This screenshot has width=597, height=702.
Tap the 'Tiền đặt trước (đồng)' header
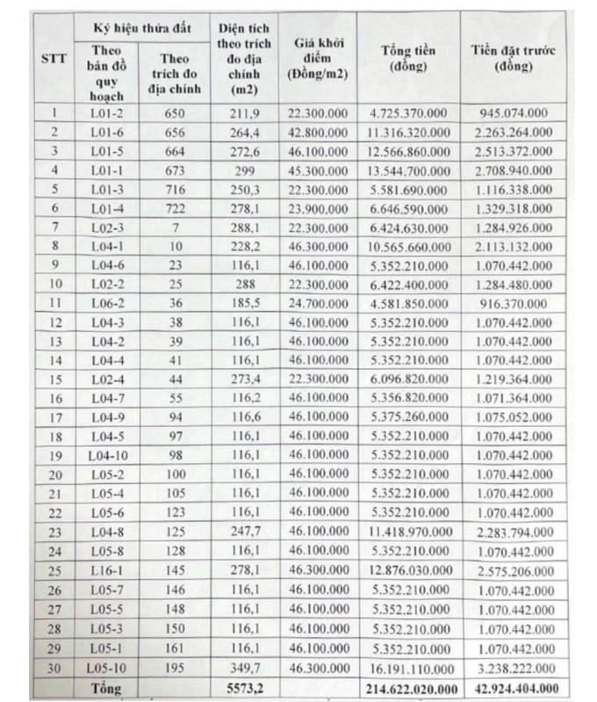(514, 59)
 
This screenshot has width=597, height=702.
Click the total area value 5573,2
(243, 685)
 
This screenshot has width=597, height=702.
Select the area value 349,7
(243, 666)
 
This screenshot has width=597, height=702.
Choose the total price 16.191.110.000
(409, 666)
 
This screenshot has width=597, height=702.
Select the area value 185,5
(243, 303)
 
